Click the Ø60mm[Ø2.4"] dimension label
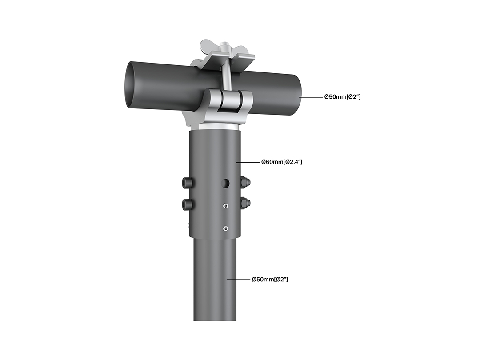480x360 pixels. click(x=282, y=162)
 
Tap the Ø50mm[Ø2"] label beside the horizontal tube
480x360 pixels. click(x=342, y=97)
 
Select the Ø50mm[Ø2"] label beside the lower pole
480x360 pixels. click(x=270, y=280)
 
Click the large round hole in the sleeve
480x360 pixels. click(x=226, y=183)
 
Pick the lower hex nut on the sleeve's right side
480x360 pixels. click(x=245, y=202)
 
